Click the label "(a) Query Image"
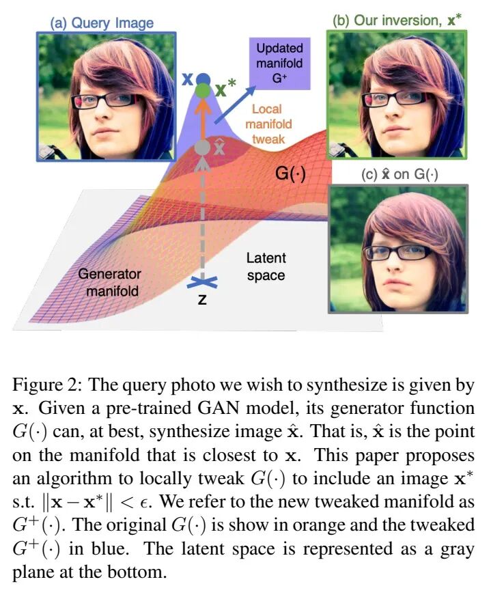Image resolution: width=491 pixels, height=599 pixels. (102, 23)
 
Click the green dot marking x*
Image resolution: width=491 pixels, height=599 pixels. (202, 90)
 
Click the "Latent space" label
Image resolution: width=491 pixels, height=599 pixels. (266, 267)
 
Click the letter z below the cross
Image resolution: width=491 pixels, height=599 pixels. (201, 301)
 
